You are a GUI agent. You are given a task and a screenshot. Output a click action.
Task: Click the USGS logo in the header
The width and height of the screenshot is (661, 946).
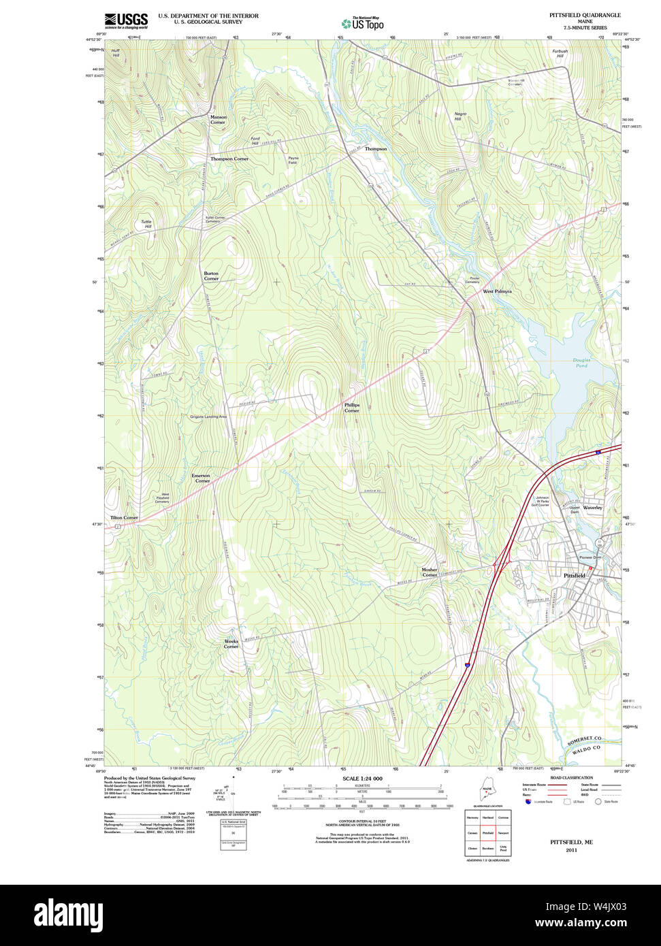[x=126, y=20]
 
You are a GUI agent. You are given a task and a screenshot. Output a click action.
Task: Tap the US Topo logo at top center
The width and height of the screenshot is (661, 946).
[x=363, y=23]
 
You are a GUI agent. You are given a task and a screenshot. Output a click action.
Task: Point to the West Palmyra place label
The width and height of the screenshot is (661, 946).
[x=497, y=291]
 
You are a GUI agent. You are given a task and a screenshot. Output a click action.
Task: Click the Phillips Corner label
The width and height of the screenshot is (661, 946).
[x=351, y=408]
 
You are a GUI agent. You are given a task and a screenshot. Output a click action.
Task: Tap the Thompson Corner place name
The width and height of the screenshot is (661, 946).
[x=229, y=159]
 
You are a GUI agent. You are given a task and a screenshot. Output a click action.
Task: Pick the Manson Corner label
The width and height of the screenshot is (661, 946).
[x=218, y=120]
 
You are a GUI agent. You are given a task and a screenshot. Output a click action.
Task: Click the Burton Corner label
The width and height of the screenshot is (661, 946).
[x=211, y=276]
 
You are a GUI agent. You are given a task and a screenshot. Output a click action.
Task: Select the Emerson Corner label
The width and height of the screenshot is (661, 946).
[x=201, y=478]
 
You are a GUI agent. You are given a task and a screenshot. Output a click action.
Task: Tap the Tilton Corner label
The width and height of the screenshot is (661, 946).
[x=124, y=517]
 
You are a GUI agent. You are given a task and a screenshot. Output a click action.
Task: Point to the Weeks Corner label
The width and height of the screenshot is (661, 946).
[x=231, y=643]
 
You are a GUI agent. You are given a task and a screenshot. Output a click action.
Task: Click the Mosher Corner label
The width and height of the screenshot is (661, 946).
[x=429, y=572]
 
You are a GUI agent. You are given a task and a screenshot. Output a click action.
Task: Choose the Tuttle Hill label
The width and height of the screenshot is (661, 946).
[x=146, y=224]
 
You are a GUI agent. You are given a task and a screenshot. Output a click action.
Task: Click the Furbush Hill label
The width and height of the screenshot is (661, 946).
[x=560, y=53]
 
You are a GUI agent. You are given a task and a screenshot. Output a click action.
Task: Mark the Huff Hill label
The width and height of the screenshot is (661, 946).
[x=116, y=52]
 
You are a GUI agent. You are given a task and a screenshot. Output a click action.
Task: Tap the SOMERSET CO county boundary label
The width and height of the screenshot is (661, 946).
[x=584, y=740]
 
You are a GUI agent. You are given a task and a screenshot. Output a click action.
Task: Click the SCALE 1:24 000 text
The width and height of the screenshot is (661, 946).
[x=362, y=779]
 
